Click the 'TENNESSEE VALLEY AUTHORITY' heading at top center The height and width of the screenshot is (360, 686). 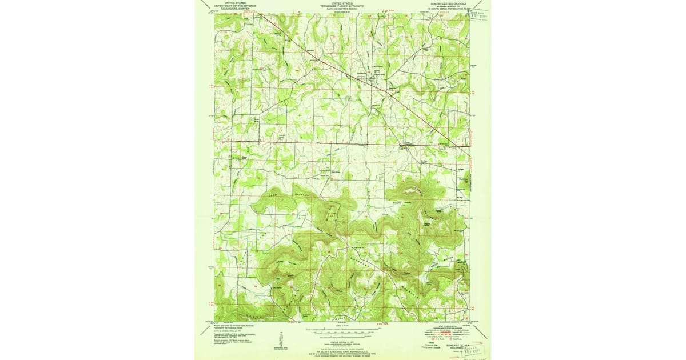[342, 6]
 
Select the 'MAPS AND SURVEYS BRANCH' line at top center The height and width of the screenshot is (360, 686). [342, 9]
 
